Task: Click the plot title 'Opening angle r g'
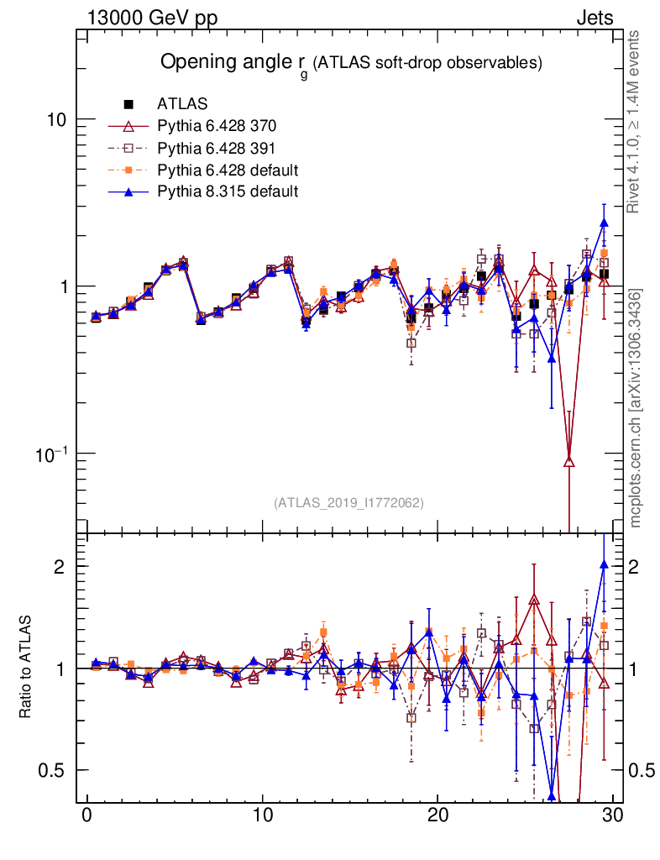(351, 63)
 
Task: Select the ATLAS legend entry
(176, 104)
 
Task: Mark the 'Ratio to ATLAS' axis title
(27, 668)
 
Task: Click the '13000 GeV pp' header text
(152, 18)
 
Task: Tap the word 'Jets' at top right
(594, 18)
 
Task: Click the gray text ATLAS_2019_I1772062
(348, 503)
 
